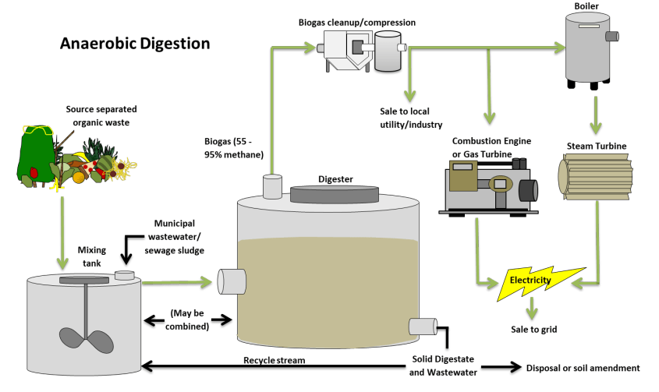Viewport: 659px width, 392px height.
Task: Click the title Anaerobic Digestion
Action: tap(135, 44)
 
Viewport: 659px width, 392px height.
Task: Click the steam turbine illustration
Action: tap(596, 175)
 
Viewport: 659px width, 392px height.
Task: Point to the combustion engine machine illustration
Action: tap(488, 185)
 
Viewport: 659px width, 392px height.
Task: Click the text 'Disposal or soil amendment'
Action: tap(583, 368)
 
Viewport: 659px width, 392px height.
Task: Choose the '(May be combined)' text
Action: tap(187, 320)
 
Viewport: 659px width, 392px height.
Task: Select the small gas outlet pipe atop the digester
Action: tap(272, 185)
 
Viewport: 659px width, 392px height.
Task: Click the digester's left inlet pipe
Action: tap(230, 281)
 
